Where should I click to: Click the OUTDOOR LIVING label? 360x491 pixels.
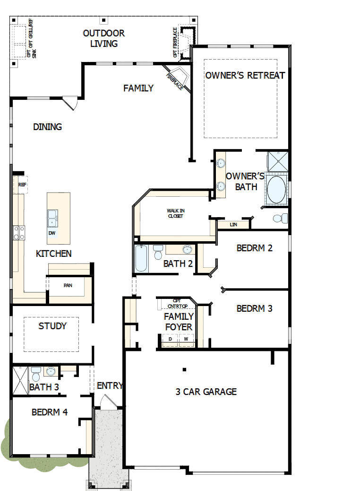(103, 38)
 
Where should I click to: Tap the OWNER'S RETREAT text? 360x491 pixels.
(245, 75)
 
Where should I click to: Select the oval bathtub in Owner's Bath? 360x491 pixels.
(276, 190)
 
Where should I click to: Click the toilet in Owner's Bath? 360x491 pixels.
(280, 219)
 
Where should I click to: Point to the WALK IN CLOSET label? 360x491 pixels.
(175, 213)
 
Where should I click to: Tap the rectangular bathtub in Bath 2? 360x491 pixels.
(141, 258)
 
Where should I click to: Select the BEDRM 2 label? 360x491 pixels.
(255, 248)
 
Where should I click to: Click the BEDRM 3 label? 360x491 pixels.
(255, 308)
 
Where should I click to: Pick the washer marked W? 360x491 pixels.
(186, 339)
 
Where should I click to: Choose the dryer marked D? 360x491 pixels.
(170, 339)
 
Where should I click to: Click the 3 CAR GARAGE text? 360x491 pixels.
(206, 392)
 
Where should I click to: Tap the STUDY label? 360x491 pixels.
(52, 326)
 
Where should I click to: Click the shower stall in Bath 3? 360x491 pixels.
(21, 380)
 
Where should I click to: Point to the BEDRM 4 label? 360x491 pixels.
(50, 412)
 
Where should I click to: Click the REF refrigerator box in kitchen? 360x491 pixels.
(22, 184)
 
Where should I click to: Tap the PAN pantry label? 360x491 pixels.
(68, 286)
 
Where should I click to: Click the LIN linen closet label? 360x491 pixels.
(233, 225)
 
